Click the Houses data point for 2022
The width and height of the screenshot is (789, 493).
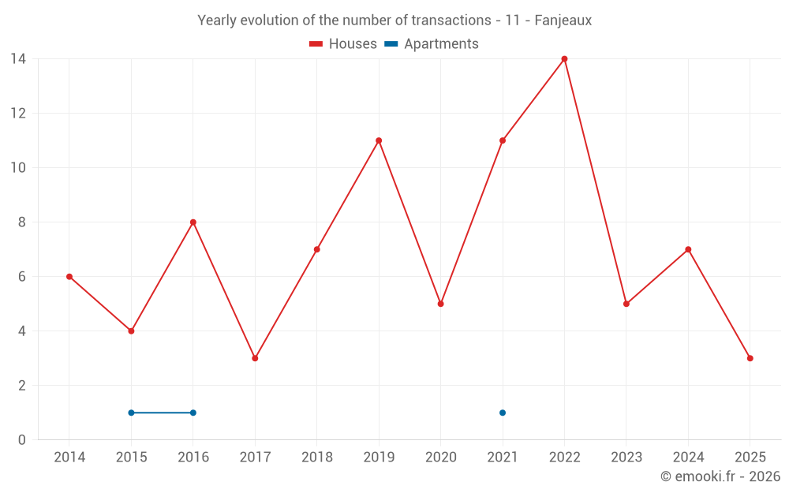[564, 59]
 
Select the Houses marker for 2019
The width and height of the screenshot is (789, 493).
[379, 140]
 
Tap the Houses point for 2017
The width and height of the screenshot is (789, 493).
[255, 358]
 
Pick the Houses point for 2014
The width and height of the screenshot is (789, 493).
[69, 277]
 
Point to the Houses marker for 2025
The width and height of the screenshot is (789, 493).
[750, 358]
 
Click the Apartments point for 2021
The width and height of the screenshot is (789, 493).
[503, 413]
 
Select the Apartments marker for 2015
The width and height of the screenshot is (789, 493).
[131, 413]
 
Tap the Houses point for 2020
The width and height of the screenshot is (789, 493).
[440, 304]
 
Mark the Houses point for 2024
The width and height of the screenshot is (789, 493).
[688, 249]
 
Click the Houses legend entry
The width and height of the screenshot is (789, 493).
[343, 44]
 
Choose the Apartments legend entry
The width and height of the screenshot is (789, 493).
[432, 44]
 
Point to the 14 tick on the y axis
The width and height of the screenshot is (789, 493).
[18, 59]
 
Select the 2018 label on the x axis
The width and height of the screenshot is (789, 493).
[317, 458]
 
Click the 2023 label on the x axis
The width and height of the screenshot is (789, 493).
[626, 458]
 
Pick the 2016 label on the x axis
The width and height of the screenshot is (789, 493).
[193, 458]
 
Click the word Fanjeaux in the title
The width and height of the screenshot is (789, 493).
[563, 21]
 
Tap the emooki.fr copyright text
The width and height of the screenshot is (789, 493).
[720, 476]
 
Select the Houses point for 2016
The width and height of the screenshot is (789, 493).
[193, 222]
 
